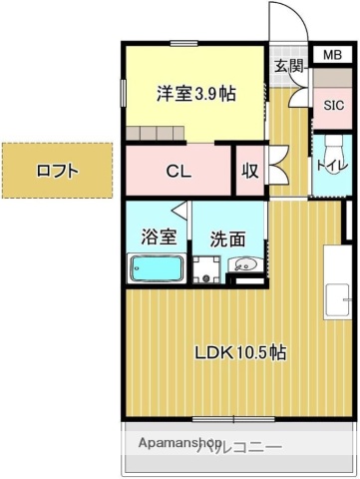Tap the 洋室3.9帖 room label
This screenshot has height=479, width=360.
[195, 94]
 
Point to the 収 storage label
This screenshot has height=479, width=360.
[249, 171]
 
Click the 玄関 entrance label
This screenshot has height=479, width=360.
[288, 66]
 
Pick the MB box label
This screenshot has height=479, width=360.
[329, 55]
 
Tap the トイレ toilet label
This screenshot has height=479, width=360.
[329, 165]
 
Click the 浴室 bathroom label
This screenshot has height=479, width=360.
[158, 238]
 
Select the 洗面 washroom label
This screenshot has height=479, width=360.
[227, 239]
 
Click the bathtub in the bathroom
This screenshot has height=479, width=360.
[157, 268]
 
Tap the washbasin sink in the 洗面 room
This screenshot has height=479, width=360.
[245, 266]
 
